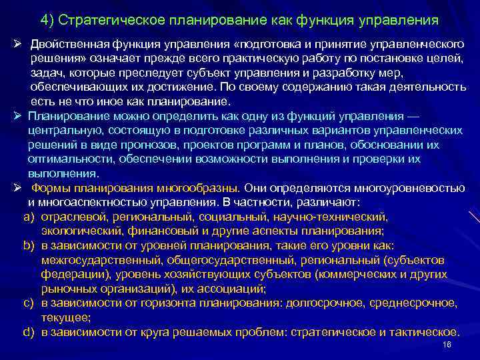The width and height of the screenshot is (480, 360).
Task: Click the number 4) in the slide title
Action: click(x=48, y=19)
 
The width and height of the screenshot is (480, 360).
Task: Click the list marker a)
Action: click(x=29, y=217)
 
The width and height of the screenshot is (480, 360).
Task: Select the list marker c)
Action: click(x=29, y=303)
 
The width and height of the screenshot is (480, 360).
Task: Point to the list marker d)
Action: click(x=29, y=331)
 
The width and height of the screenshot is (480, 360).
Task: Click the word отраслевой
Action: click(x=69, y=217)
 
